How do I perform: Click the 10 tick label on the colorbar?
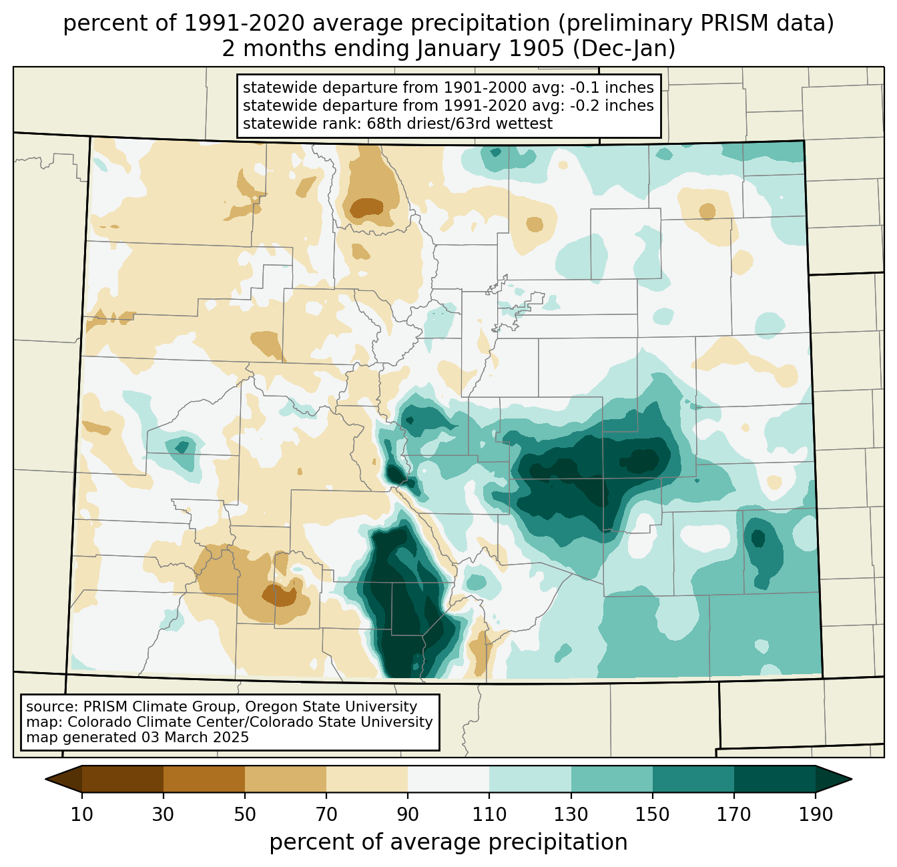pos(82,815)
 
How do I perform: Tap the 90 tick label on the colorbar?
pos(408,815)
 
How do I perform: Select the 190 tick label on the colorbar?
pos(816,815)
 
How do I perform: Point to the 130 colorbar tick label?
pos(571,815)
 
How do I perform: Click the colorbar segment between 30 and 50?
pos(204,779)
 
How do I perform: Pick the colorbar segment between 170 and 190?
pos(774,779)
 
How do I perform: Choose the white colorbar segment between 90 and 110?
pos(448,779)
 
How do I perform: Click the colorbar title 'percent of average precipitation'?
pos(448,842)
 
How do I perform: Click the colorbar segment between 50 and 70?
pos(286,779)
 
